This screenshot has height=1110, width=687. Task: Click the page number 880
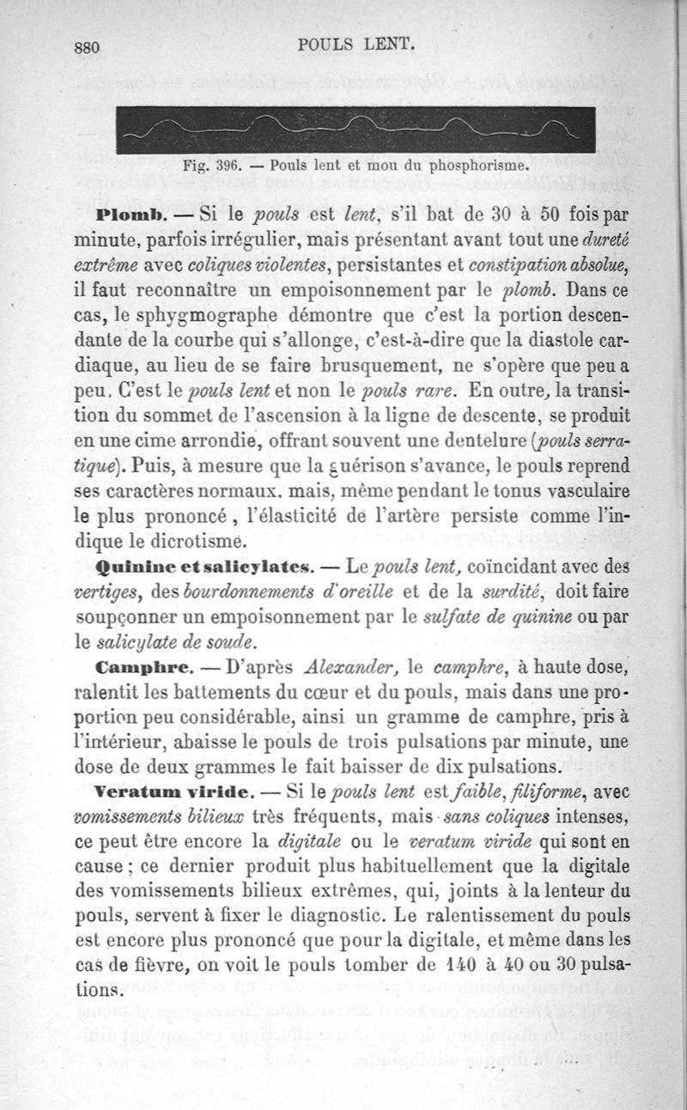coord(88,48)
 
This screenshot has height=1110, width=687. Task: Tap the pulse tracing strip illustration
coord(355,130)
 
